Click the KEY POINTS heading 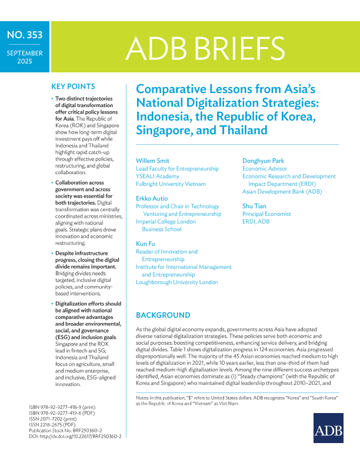pos(74,86)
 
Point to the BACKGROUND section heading pos(163,315)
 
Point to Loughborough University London pos(177,282)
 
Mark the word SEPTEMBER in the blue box pos(25,53)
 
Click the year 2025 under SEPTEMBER pos(25,61)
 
